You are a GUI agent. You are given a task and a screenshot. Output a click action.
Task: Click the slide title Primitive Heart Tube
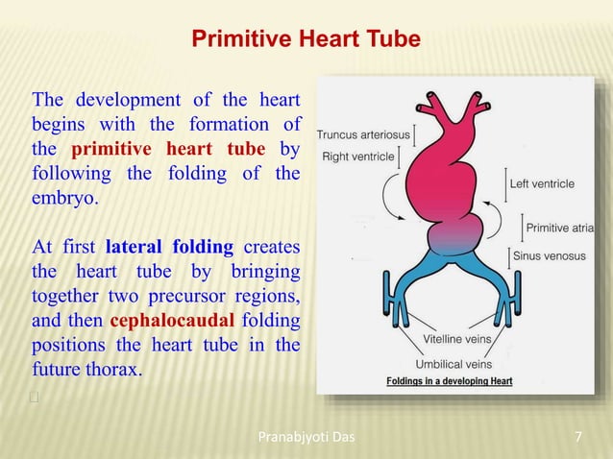point(306,39)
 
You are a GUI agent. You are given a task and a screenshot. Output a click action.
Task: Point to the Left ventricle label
point(542,183)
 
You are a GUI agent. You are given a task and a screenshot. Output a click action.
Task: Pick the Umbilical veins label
point(454,364)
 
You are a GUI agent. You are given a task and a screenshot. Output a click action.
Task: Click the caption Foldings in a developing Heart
point(449,381)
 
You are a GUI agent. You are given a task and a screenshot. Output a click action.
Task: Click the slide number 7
point(577,439)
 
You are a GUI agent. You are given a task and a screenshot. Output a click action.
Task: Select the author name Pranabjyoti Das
point(306,439)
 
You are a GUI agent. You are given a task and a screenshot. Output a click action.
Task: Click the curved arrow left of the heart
point(392,197)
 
